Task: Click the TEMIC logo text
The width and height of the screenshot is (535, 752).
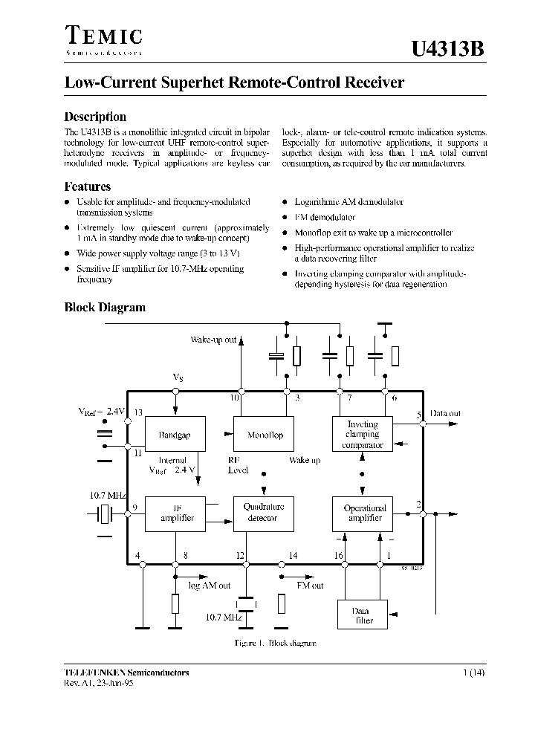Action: coord(103,36)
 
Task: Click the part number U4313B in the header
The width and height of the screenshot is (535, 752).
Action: coord(449,50)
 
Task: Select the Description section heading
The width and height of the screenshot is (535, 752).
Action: coord(95,117)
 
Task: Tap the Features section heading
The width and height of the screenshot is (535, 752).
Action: coord(88,187)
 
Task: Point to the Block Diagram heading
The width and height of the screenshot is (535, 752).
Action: coord(105,308)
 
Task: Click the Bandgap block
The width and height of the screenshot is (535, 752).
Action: coord(175,435)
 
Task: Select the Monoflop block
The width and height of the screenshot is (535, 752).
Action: coord(265,435)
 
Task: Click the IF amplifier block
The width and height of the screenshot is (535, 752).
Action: coord(177,513)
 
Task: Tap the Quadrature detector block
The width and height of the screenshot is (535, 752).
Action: coord(264,513)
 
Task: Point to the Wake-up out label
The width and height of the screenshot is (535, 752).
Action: coord(213,340)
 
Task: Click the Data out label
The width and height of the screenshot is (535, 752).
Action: coord(445,413)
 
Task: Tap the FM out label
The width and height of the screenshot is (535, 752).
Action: coord(310,586)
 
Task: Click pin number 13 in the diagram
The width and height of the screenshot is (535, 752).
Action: coord(138,412)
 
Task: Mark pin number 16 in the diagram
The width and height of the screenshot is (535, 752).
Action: coord(339,555)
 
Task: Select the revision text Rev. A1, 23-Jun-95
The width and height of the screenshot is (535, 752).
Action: coord(100,684)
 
